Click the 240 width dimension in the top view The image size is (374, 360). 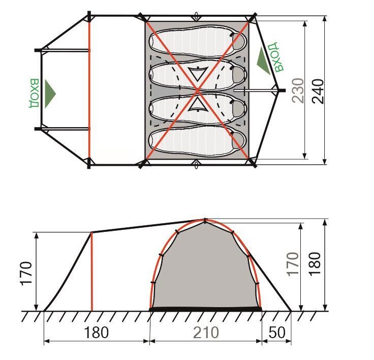(318, 91)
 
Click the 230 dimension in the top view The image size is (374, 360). (298, 91)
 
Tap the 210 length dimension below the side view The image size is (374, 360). (206, 333)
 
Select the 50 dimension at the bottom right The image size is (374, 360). (276, 333)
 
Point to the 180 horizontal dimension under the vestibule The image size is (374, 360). (97, 333)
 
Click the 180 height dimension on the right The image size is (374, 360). (315, 264)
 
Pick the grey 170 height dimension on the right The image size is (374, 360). (293, 264)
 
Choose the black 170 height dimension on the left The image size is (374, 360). (26, 274)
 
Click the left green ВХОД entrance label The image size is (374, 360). (34, 93)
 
